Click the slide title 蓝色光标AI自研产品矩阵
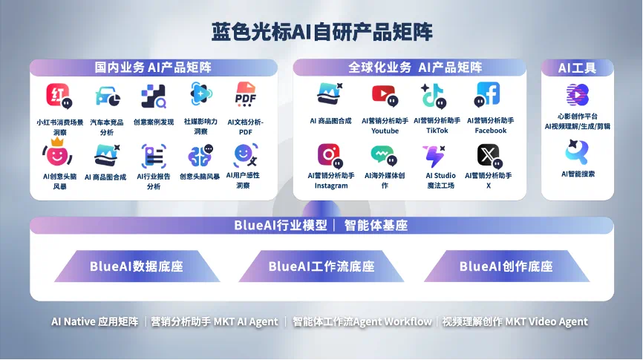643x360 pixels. click(321, 32)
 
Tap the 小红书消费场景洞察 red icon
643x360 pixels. click(59, 96)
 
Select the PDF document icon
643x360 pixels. click(245, 95)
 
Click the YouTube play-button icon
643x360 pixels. click(384, 95)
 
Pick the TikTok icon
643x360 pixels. click(435, 95)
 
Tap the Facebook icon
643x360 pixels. click(488, 94)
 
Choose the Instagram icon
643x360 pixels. click(330, 154)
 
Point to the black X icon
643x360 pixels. click(487, 154)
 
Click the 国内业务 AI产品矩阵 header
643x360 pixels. click(153, 68)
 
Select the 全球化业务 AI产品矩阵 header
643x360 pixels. click(415, 68)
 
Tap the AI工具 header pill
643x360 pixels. click(577, 68)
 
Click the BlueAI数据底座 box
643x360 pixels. click(137, 266)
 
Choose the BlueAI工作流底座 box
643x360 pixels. click(321, 266)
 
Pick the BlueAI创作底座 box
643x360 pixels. click(506, 266)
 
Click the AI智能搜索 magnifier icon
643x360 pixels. click(577, 152)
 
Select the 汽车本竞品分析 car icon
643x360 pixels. click(107, 96)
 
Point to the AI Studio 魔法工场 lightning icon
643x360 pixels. click(435, 154)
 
